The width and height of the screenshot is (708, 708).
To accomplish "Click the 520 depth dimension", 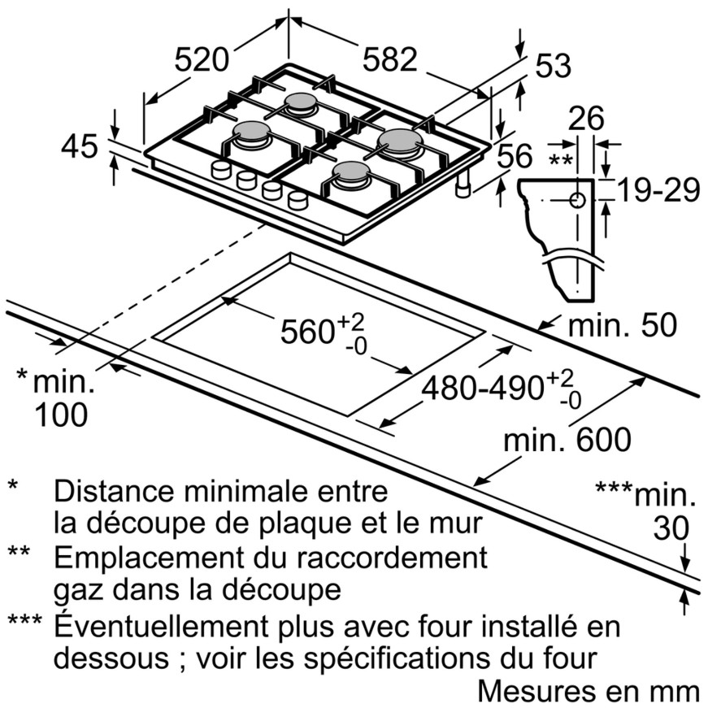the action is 202,59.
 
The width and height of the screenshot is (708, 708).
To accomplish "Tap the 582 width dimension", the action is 389,59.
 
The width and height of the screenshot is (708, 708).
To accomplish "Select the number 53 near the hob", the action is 553,66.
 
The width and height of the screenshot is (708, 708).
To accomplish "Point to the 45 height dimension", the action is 80,146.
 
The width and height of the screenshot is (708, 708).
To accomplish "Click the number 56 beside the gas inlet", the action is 515,156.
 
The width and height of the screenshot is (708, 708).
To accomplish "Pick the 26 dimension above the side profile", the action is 585,119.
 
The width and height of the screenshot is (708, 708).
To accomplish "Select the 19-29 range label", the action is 658,190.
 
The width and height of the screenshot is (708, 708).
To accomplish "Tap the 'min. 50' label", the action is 623,325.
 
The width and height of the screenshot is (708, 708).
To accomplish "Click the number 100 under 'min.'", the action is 61,415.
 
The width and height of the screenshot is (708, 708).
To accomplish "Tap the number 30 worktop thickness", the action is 671,528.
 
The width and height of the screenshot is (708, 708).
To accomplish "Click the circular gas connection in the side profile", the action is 577,200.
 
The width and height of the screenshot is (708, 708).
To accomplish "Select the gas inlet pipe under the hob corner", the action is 463,185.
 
